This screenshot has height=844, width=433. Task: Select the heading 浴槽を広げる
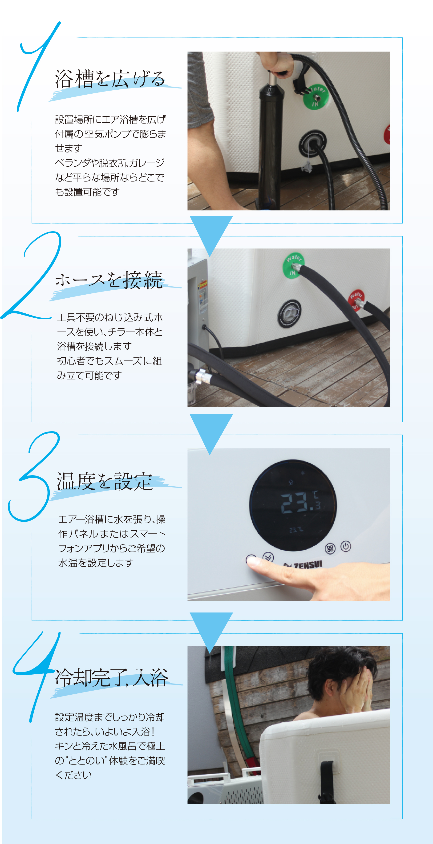110,79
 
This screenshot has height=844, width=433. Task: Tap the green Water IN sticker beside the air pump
315,96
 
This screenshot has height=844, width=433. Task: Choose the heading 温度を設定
105,482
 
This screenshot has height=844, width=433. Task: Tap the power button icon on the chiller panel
345,546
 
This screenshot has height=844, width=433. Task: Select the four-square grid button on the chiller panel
330,548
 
